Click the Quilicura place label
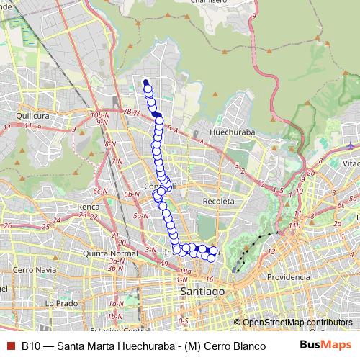[x=32, y=114]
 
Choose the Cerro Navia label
[x=29, y=269]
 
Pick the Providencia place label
[x=288, y=277]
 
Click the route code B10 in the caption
[x=32, y=345]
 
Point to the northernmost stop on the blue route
[x=145, y=82]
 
